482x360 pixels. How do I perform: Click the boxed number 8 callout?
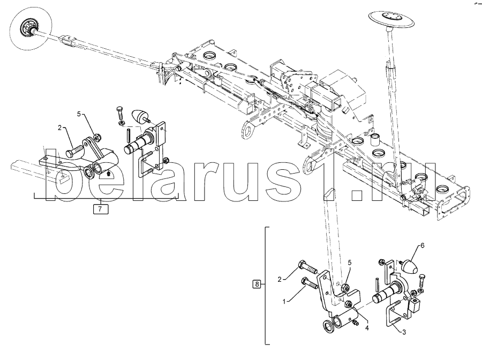pos(257,284)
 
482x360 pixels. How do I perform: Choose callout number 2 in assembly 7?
pos(60,127)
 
